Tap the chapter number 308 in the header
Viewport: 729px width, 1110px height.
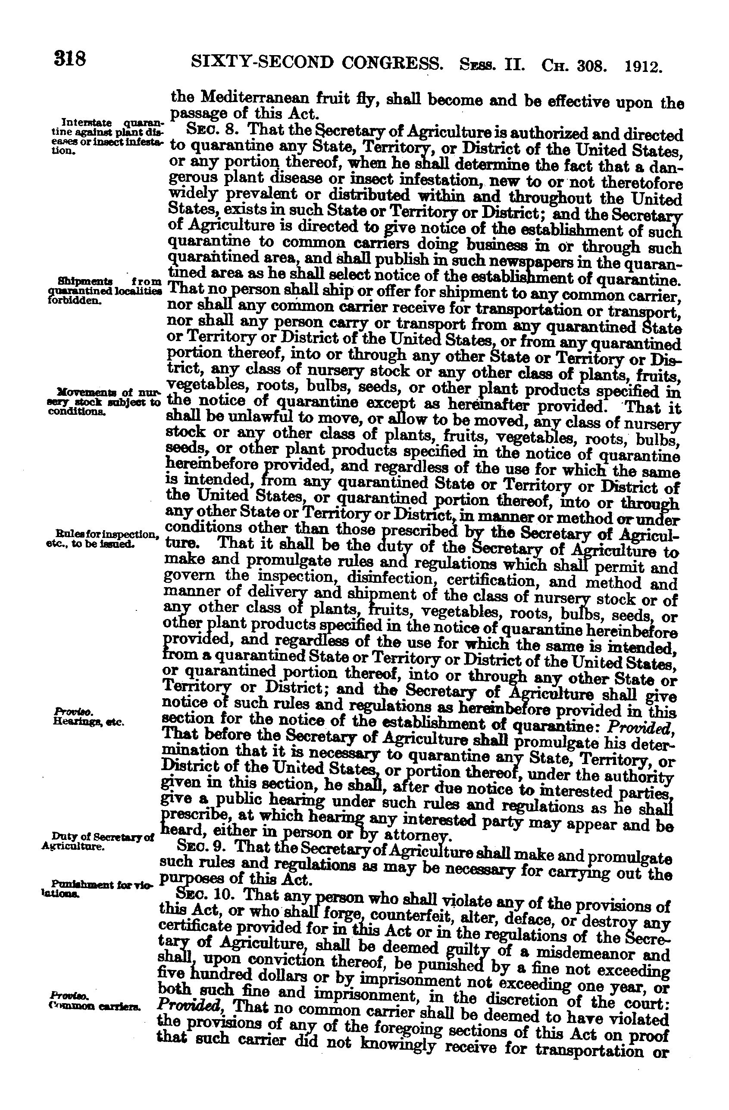pos(592,66)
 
